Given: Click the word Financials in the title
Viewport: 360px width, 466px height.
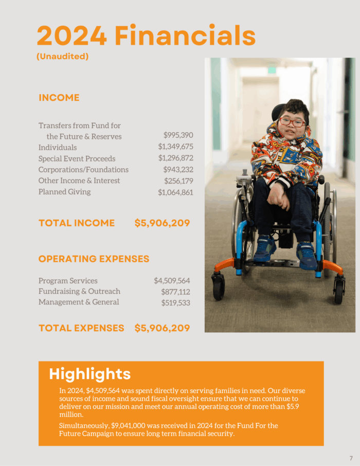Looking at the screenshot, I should [185, 36].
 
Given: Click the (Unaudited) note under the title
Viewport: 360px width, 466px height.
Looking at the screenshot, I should [63, 57].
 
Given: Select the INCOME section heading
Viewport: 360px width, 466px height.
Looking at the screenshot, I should [59, 98].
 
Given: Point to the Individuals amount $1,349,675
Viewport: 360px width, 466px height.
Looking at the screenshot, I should [175, 147].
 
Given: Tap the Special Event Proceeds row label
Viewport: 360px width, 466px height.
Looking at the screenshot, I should [77, 158].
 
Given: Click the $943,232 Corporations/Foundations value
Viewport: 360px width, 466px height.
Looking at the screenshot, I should [178, 169].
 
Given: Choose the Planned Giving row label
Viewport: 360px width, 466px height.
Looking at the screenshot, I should [64, 192].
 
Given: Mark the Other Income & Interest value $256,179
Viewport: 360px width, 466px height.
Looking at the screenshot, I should [178, 181].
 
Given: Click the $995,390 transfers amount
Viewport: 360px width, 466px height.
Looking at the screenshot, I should [178, 135].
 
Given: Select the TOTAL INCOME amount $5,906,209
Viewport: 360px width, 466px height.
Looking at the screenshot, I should [162, 223].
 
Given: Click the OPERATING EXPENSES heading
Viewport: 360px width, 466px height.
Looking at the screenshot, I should [94, 259].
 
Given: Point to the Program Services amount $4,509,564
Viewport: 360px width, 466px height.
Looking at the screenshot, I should [172, 281].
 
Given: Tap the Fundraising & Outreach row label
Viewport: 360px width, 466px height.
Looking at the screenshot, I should [79, 291].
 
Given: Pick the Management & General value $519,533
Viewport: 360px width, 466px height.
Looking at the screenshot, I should [175, 303].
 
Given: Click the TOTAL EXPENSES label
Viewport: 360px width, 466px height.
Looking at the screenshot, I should [81, 328].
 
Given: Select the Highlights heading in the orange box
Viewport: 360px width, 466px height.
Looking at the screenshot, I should [89, 374].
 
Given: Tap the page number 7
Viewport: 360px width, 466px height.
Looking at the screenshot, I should [351, 458].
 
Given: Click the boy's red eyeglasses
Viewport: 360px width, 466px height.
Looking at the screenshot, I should [292, 122].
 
